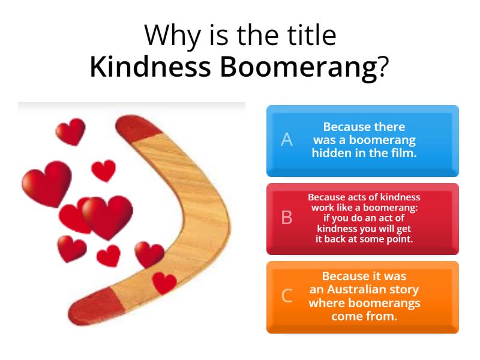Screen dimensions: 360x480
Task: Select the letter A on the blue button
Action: (287, 140)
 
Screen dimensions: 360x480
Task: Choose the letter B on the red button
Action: (287, 218)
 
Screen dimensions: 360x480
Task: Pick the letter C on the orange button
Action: (287, 296)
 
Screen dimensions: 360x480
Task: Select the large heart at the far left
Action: (46, 182)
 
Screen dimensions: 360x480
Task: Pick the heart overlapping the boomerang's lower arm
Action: (164, 282)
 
